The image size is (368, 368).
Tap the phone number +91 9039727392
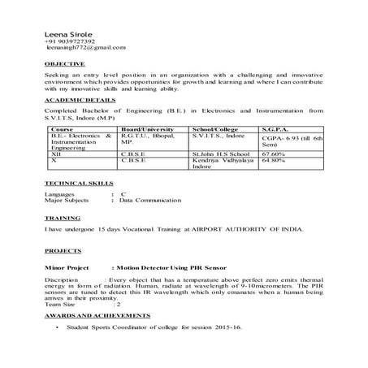(x=69, y=41)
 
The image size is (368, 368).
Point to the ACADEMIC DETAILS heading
(x=75, y=100)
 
